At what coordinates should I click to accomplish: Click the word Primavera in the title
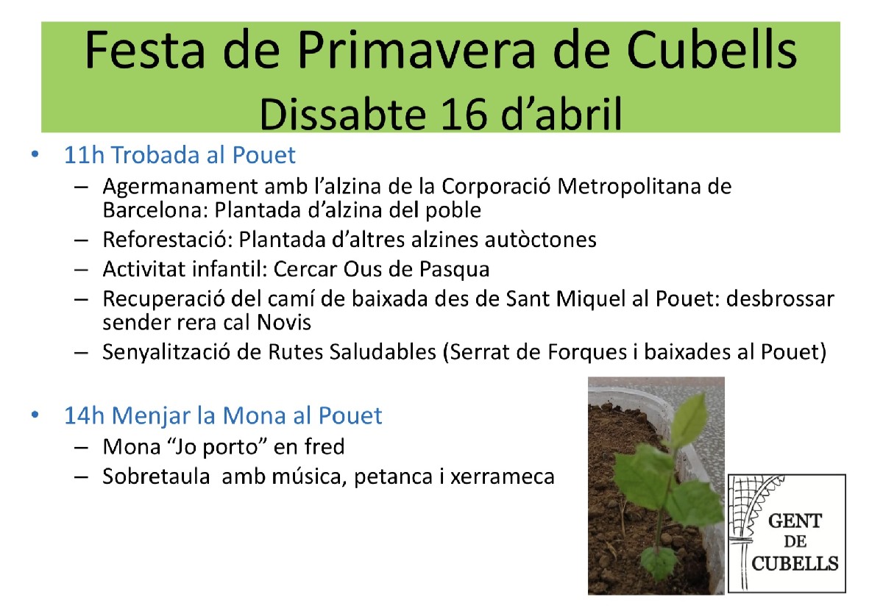pos(416,50)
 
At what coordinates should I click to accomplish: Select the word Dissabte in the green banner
pos(344,113)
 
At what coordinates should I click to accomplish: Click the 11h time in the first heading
pos(84,154)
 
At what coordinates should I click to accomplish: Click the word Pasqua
pos(454,270)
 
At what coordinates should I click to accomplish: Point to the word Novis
pos(284,322)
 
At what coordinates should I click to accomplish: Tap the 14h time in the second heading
pos(84,415)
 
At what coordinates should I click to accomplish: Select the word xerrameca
pos(503,477)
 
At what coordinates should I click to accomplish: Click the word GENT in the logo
pos(795,521)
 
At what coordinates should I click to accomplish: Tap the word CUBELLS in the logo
pos(795,564)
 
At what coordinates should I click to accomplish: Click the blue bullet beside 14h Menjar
pos(35,415)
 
